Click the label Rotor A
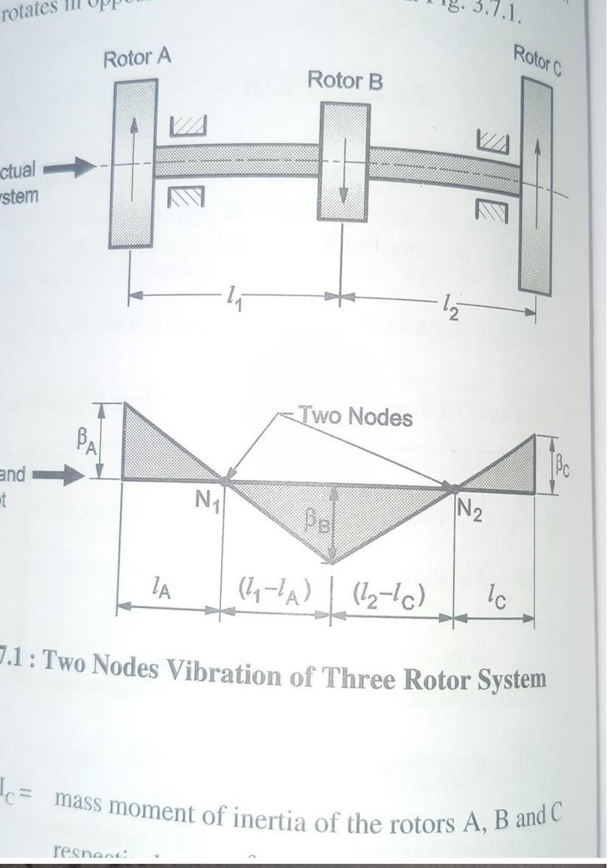click(x=137, y=59)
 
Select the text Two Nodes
click(x=355, y=416)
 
